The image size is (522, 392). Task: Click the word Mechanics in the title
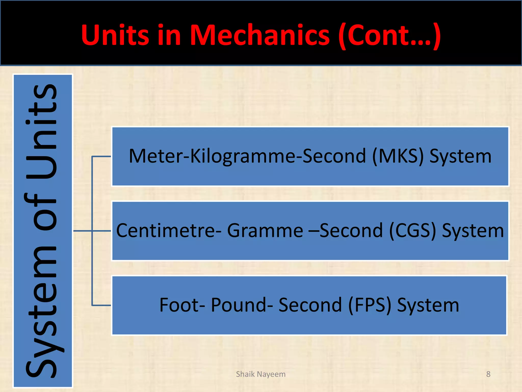point(260,35)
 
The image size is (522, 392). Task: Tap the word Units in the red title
point(115,35)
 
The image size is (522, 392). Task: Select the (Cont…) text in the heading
point(389,35)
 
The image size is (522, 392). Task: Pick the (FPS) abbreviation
point(370,305)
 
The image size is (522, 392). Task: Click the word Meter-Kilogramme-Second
point(247,156)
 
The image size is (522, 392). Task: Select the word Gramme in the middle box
point(265,230)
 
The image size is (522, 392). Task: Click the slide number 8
point(488,374)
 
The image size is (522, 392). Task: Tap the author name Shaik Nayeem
point(261,374)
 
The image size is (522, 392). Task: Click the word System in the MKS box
point(460,156)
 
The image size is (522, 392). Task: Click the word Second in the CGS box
point(351,230)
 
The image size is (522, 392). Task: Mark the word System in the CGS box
point(473,230)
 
